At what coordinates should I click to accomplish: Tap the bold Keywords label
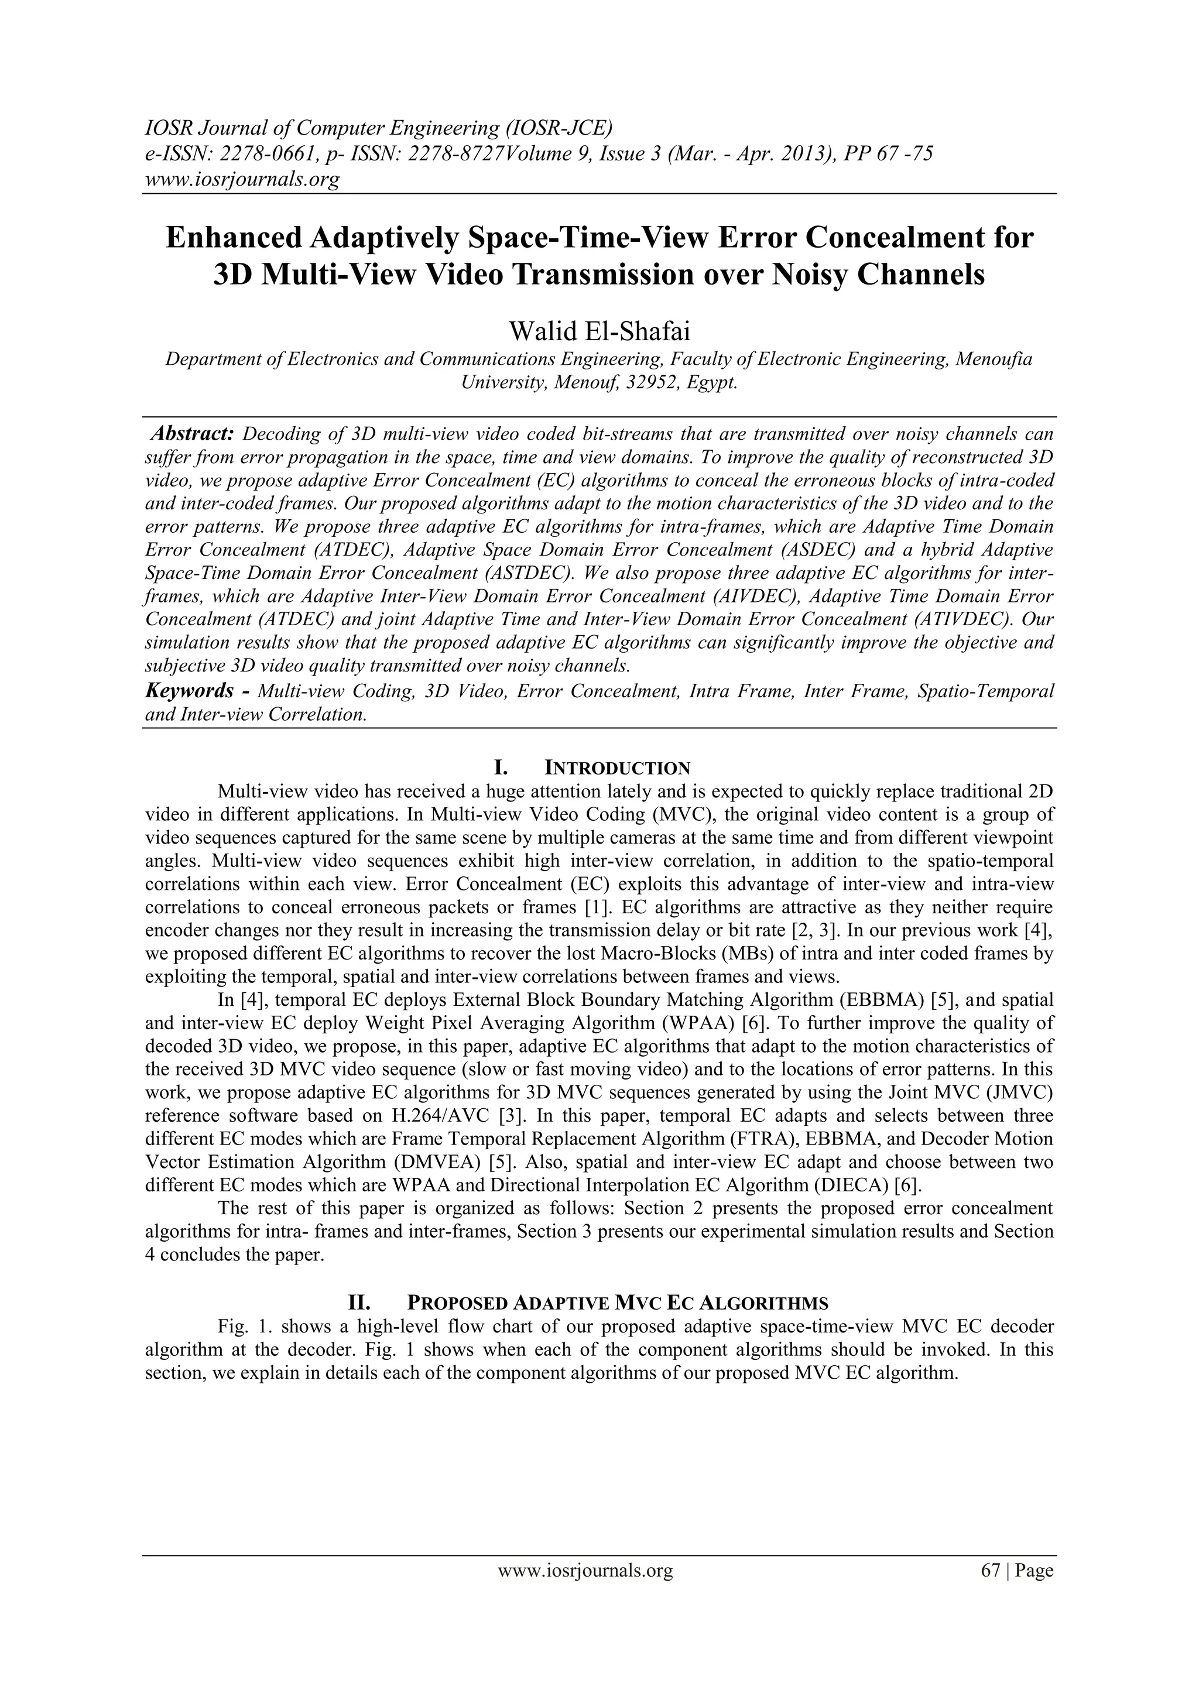(189, 691)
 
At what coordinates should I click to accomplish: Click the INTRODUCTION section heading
(617, 768)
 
